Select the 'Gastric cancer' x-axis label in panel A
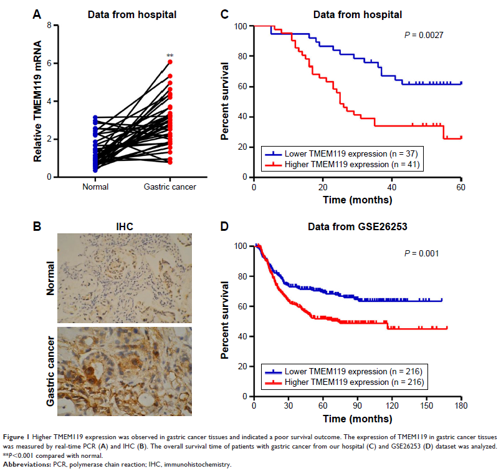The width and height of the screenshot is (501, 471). [x=170, y=187]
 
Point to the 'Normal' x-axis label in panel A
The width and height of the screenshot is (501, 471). [x=95, y=187]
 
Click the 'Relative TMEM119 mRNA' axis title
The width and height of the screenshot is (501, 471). [x=38, y=102]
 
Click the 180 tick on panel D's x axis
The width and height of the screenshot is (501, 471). [x=460, y=406]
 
